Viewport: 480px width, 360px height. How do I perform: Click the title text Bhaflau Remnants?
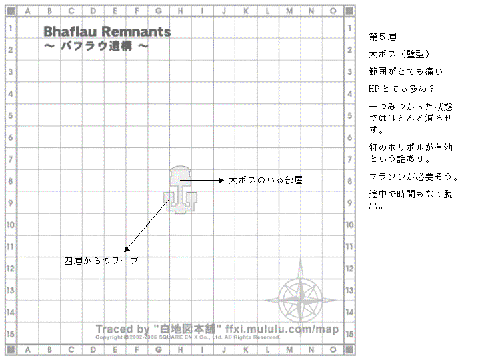click(x=107, y=32)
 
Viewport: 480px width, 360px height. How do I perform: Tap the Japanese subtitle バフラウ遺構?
click(x=96, y=47)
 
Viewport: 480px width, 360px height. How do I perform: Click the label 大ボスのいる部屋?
click(x=266, y=180)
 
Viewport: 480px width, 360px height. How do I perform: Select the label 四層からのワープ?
click(x=101, y=261)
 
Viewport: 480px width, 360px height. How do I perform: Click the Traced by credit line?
click(x=217, y=329)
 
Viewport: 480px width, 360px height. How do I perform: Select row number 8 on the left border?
click(x=11, y=181)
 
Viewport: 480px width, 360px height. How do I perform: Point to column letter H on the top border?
click(x=181, y=11)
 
